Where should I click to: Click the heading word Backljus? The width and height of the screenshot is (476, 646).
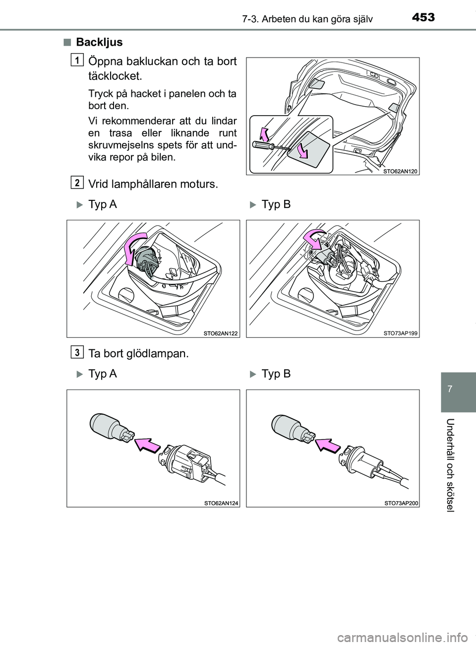(99, 42)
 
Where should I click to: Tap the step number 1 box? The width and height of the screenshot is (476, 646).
(77, 60)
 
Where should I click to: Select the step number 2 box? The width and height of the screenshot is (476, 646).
(77, 183)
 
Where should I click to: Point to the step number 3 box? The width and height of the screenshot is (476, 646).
(77, 352)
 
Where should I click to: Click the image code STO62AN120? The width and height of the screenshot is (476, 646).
(401, 171)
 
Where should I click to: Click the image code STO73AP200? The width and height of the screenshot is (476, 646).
(401, 503)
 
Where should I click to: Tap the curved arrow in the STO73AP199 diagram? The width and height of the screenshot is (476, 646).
(313, 240)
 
